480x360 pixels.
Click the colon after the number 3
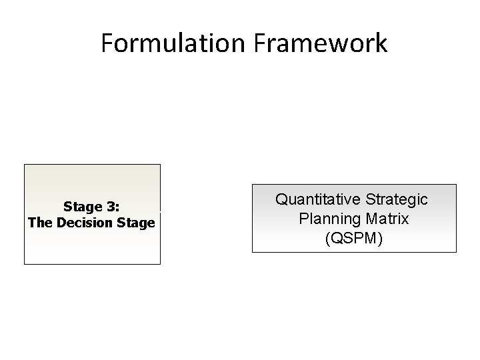(118, 206)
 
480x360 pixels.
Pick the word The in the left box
(39, 223)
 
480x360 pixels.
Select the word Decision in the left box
(83, 223)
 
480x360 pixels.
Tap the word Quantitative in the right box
(317, 199)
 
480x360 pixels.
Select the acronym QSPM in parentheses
(354, 238)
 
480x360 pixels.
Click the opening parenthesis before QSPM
(327, 238)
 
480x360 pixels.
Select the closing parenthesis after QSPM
(380, 238)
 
